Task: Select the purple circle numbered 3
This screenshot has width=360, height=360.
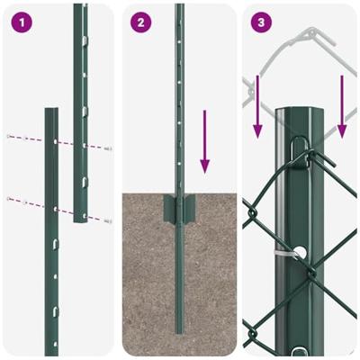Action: (259, 22)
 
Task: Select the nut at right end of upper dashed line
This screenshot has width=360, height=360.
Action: (108, 148)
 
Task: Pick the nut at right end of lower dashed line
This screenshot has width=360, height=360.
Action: (108, 220)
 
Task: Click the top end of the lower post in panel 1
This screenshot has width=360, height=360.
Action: (51, 112)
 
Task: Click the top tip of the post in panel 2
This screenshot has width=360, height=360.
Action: (179, 7)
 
